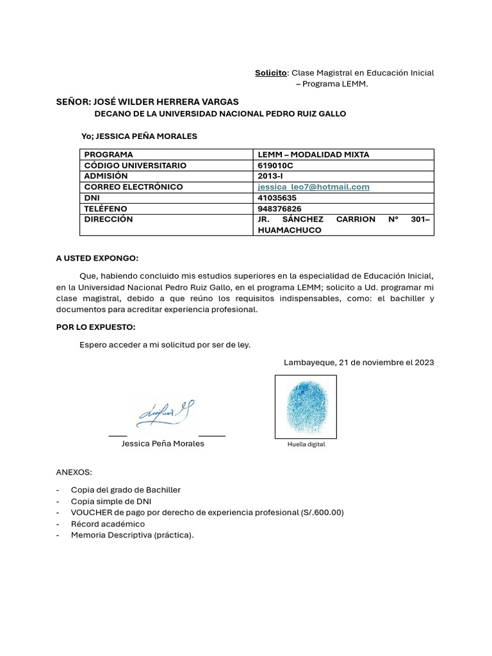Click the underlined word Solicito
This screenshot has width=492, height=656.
pos(270,73)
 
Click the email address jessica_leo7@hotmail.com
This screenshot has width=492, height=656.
pos(313,187)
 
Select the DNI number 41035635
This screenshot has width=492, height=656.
pos(277,198)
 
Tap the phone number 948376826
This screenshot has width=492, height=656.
pos(279,209)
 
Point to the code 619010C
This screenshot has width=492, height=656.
pos(275,165)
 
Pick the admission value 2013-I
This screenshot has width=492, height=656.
pos(272,176)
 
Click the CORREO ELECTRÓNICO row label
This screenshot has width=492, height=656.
pos(133,187)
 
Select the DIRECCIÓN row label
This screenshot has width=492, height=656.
pos(108,219)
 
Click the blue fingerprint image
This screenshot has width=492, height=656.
pos(306,406)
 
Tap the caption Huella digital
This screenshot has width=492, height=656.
pos(306,444)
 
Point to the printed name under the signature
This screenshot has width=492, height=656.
pos(163,443)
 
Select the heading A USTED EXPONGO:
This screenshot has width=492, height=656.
pos(97,258)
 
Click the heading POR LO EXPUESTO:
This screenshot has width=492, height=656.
pos(95,327)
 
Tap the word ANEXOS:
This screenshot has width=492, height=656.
pos(74,472)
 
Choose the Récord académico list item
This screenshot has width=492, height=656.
pos(108,524)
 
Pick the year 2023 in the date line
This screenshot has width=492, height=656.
pos(423,363)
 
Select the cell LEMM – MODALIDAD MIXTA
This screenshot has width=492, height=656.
pos(313,154)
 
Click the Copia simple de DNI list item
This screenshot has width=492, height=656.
pos(111,501)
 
